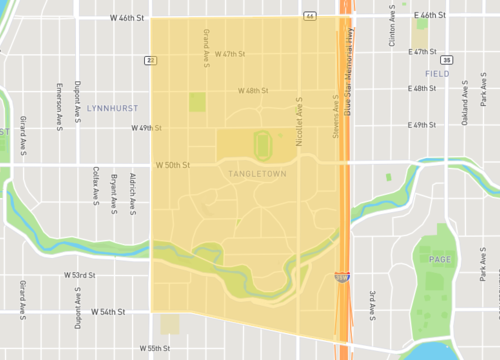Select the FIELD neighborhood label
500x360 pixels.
[437, 75]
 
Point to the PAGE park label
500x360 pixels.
[440, 260]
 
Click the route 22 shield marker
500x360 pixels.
[150, 60]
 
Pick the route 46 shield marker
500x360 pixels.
[310, 17]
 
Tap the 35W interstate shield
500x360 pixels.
[343, 278]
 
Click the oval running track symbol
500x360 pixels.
[262, 146]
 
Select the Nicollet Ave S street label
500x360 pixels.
[299, 117]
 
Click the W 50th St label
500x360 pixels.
[172, 164]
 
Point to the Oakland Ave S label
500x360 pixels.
[465, 108]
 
